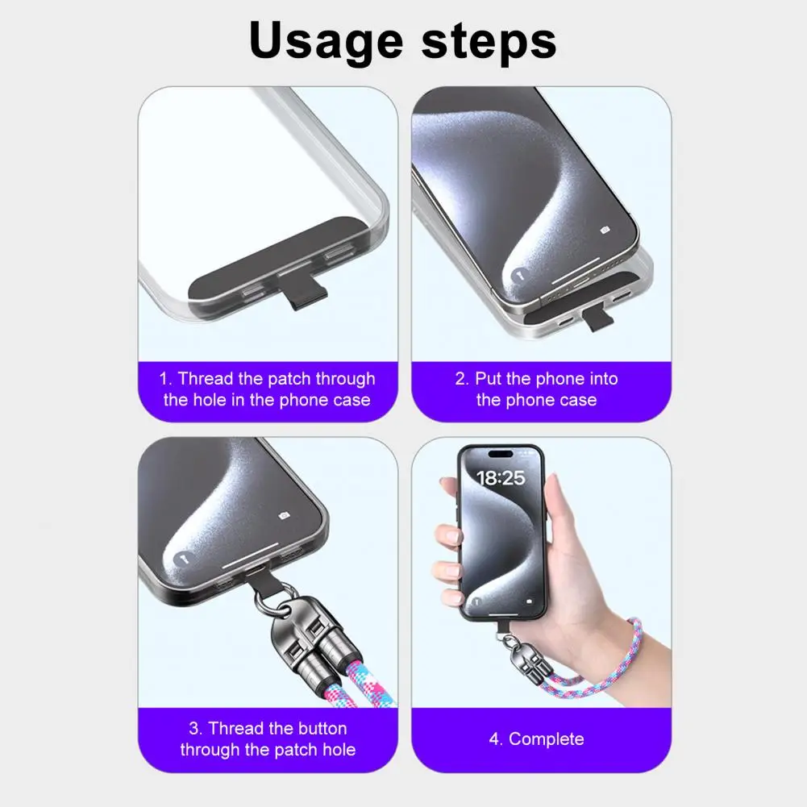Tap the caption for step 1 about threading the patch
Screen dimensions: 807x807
click(x=267, y=389)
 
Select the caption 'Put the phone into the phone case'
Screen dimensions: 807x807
click(x=536, y=389)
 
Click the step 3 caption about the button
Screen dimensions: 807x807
click(x=267, y=739)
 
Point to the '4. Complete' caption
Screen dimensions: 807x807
click(x=536, y=739)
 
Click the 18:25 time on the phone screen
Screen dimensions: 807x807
click(x=500, y=478)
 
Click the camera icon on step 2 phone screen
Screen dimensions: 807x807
click(x=605, y=231)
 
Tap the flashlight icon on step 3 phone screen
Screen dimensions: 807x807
click(x=183, y=557)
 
